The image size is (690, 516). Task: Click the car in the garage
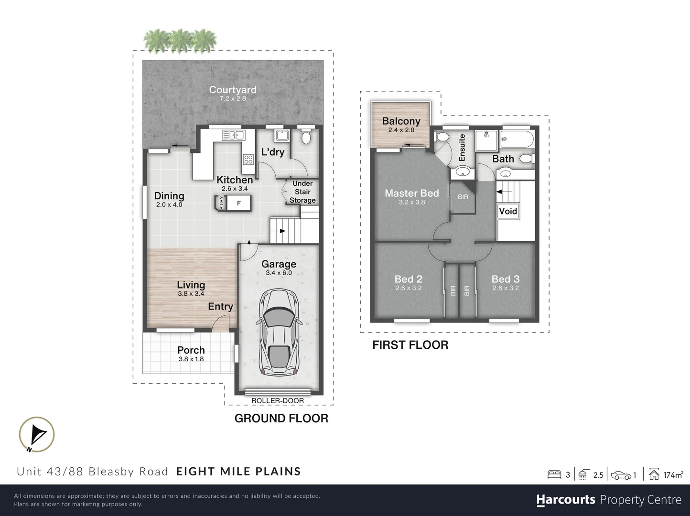pyautogui.click(x=280, y=333)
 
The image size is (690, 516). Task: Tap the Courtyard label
pyautogui.click(x=233, y=90)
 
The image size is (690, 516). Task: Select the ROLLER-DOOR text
pyautogui.click(x=278, y=401)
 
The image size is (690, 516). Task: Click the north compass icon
pyautogui.click(x=37, y=435)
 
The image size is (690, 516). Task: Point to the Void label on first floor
pyautogui.click(x=508, y=211)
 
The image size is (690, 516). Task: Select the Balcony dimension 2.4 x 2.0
pyautogui.click(x=401, y=130)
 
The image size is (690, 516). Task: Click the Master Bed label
pyautogui.click(x=411, y=193)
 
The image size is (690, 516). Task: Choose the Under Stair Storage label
pyautogui.click(x=302, y=192)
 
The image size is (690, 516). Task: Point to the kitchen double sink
pyautogui.click(x=233, y=136)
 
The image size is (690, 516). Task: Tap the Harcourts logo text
pyautogui.click(x=566, y=500)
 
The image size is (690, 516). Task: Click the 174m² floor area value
pyautogui.click(x=673, y=475)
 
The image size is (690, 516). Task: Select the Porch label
pyautogui.click(x=191, y=350)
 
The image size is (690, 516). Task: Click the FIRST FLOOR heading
pyautogui.click(x=410, y=345)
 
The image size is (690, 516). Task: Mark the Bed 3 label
pyautogui.click(x=505, y=279)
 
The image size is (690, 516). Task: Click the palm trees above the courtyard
pyautogui.click(x=180, y=40)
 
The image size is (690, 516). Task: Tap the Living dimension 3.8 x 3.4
pyautogui.click(x=191, y=294)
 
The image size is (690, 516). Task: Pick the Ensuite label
pyautogui.click(x=462, y=147)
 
